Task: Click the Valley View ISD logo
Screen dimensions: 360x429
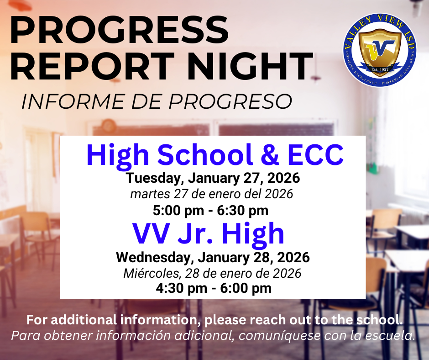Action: click(x=380, y=51)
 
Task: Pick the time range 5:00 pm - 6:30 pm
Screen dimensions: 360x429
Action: click(x=210, y=211)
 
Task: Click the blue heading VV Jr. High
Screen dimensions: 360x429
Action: click(x=209, y=234)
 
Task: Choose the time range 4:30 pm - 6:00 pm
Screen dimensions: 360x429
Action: click(x=214, y=288)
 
